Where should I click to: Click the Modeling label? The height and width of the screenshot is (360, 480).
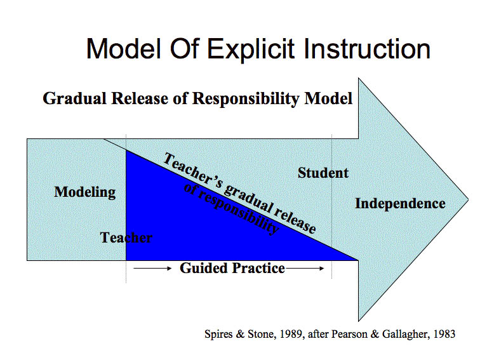(85, 192)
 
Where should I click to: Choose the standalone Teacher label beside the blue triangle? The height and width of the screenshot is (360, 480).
(126, 238)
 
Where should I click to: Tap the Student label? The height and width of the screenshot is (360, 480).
(323, 173)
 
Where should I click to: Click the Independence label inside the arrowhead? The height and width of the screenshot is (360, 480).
(400, 204)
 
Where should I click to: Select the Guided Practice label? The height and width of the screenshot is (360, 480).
(232, 268)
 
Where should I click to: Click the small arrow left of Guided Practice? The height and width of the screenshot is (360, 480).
(153, 269)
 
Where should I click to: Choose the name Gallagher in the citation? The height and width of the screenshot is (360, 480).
(400, 333)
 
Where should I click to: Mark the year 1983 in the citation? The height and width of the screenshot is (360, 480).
(443, 333)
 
